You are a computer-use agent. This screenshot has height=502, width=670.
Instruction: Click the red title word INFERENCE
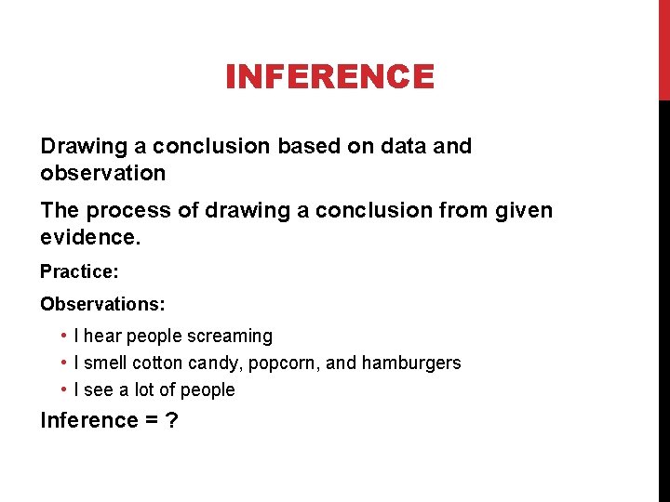329,76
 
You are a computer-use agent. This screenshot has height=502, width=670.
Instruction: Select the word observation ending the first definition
103,173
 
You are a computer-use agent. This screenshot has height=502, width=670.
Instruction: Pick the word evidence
90,238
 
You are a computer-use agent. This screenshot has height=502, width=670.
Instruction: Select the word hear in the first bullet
102,336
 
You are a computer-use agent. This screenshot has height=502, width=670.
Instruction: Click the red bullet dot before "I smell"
61,363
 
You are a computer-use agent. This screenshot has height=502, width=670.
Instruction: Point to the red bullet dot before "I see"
61,390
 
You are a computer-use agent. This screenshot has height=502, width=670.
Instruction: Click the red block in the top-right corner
663,49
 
